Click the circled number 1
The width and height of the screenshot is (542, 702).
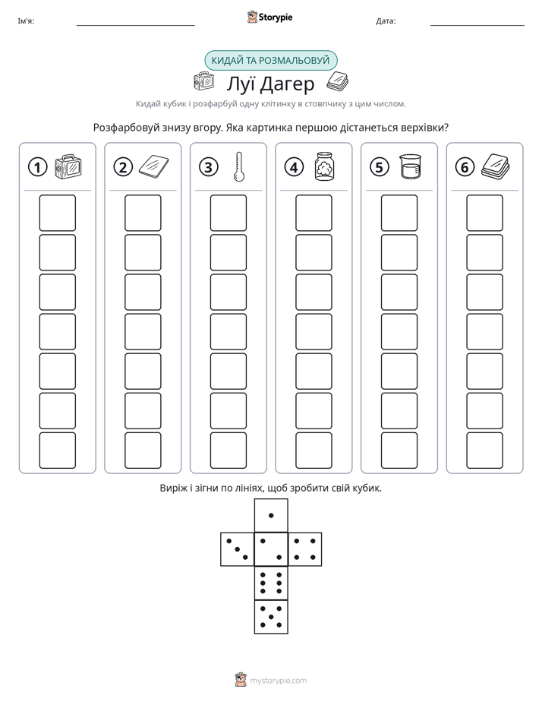[x=37, y=167]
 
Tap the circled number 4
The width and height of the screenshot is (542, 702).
[x=294, y=167]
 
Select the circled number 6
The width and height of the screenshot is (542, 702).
[x=465, y=167]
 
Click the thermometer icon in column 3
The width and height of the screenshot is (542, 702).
[x=239, y=166]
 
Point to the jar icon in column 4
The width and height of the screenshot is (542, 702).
[x=325, y=166]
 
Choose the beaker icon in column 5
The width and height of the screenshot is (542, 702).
[x=410, y=166]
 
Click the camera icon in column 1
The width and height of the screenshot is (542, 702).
[x=68, y=167]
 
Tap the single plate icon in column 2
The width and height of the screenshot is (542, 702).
[x=154, y=166]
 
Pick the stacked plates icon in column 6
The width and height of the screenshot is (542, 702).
[x=496, y=166]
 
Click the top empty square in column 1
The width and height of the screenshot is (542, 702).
[x=57, y=213]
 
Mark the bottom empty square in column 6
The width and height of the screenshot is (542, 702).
[x=485, y=451]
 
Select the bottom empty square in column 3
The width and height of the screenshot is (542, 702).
[x=228, y=451]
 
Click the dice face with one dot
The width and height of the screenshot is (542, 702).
[x=271, y=515]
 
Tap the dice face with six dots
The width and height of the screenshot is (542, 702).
[x=271, y=583]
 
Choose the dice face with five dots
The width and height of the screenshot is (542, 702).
[x=271, y=616]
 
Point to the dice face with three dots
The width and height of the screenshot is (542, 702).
[x=238, y=549]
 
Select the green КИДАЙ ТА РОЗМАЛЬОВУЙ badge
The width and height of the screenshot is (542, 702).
[x=270, y=61]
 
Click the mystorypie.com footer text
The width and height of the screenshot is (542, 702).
[x=278, y=681]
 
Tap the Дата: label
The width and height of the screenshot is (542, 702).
[x=386, y=21]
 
